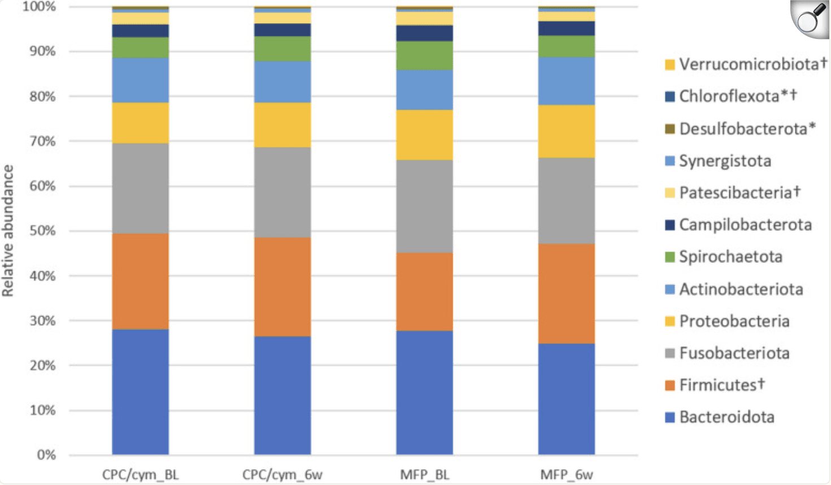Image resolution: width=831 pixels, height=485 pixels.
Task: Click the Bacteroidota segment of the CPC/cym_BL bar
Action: pyautogui.click(x=140, y=391)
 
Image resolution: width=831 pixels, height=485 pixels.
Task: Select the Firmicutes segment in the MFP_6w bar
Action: pyautogui.click(x=566, y=293)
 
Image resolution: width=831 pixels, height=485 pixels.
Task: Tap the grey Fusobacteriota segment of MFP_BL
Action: pyautogui.click(x=424, y=206)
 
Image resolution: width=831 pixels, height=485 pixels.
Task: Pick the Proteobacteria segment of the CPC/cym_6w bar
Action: pyautogui.click(x=282, y=125)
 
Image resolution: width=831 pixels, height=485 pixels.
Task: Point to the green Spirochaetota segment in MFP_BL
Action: pyautogui.click(x=424, y=55)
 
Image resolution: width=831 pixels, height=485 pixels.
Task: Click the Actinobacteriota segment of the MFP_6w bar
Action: pyautogui.click(x=566, y=81)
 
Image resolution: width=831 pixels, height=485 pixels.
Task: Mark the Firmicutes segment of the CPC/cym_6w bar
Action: pyautogui.click(x=282, y=287)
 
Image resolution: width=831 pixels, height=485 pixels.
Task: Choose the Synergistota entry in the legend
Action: pyautogui.click(x=725, y=161)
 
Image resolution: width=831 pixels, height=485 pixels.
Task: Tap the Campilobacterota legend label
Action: pyautogui.click(x=745, y=225)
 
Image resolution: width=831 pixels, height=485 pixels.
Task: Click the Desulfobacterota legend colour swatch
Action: pyautogui.click(x=670, y=129)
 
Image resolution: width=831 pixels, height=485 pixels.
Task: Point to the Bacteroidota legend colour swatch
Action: pyautogui.click(x=670, y=418)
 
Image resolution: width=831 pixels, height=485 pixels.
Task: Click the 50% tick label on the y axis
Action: pyautogui.click(x=42, y=231)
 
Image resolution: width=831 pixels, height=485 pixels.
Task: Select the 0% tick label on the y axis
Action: pyautogui.click(x=46, y=455)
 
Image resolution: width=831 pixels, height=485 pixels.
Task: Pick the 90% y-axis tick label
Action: pyautogui.click(x=42, y=51)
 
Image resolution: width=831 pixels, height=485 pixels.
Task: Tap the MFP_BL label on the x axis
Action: pyautogui.click(x=424, y=475)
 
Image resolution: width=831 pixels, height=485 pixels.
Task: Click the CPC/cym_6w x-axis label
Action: pyautogui.click(x=282, y=475)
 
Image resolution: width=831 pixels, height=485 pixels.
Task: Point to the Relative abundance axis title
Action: pyautogui.click(x=8, y=231)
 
